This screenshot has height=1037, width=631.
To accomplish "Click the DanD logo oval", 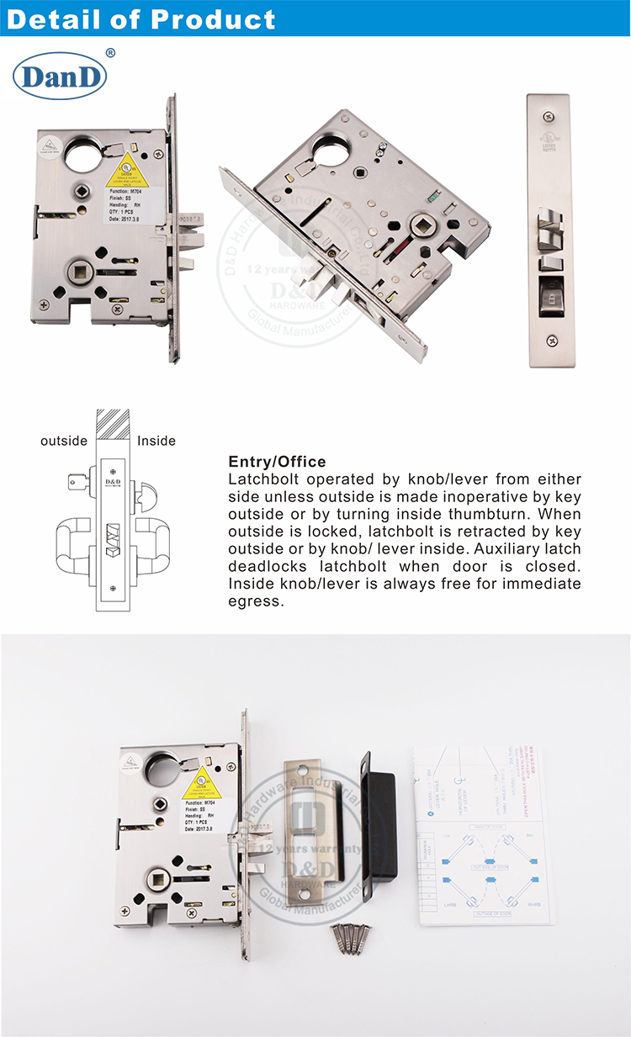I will tap(59, 77).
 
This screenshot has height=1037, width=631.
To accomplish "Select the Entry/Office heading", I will tap(277, 462).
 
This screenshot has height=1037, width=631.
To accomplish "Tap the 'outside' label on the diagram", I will tap(64, 441).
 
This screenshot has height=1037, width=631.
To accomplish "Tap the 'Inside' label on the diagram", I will tap(156, 441).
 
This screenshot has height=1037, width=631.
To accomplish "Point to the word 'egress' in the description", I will tap(256, 601).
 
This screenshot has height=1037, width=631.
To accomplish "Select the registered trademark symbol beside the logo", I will tap(109, 53).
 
